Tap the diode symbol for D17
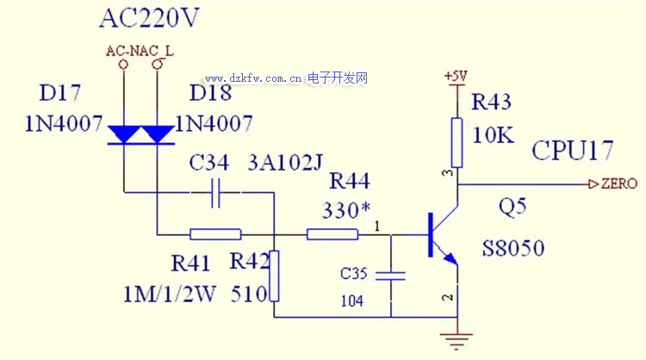(x=124, y=133)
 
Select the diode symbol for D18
(x=158, y=133)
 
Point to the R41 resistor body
(x=214, y=233)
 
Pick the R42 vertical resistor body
(x=273, y=276)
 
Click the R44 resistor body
(x=332, y=233)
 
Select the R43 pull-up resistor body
(x=457, y=142)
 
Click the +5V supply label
(x=455, y=77)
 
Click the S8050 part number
(x=513, y=250)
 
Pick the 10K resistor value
(x=492, y=135)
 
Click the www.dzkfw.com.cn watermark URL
(x=253, y=79)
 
